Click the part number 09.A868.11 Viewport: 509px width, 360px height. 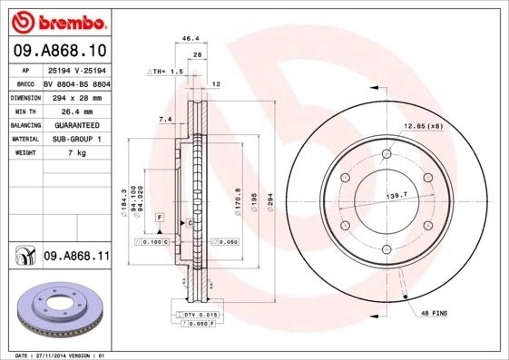(x=76, y=257)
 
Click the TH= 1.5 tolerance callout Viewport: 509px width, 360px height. (x=166, y=71)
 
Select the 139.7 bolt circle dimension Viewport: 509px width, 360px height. (x=394, y=196)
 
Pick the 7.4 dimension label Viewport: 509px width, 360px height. (x=164, y=120)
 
